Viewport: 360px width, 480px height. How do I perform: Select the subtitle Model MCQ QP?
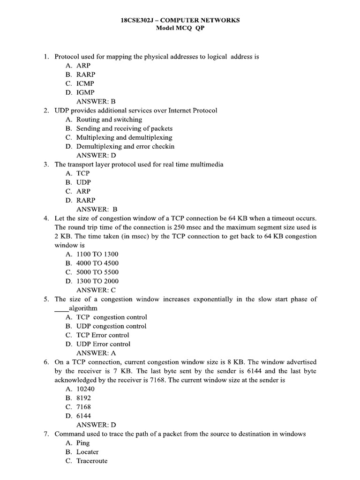180,28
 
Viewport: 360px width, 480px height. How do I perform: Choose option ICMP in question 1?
85,83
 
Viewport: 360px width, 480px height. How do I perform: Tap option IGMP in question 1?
85,92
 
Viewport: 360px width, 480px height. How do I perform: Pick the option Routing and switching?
109,119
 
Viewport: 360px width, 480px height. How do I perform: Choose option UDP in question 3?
83,182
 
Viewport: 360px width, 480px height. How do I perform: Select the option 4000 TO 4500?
97,263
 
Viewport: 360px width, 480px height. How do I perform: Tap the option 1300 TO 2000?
97,281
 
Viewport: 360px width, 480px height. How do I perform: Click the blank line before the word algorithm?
61,308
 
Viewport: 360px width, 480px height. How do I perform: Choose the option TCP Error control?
103,335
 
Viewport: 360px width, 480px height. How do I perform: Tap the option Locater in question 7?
88,452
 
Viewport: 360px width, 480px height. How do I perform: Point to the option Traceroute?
92,461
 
